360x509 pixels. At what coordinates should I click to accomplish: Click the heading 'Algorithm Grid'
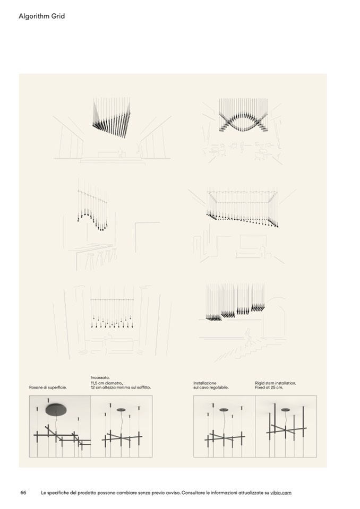[41, 16]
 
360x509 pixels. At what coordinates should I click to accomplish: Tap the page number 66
[23, 493]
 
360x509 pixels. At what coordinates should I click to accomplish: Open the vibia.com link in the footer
[281, 493]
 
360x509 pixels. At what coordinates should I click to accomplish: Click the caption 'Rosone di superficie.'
[48, 387]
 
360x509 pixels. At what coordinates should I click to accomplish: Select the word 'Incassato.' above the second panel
[100, 377]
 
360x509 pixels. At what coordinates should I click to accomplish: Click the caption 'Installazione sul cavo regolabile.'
[211, 385]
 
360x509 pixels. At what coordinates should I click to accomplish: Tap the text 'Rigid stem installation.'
[276, 383]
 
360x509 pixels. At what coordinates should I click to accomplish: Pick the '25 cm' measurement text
[277, 387]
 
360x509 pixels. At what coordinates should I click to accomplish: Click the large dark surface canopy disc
[57, 410]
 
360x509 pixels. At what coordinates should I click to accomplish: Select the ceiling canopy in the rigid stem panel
[285, 410]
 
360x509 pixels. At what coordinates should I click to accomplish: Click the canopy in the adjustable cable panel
[224, 410]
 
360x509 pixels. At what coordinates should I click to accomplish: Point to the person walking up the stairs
[248, 337]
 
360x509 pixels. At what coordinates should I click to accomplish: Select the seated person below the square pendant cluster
[121, 152]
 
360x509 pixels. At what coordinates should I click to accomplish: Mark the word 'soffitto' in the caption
[144, 387]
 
